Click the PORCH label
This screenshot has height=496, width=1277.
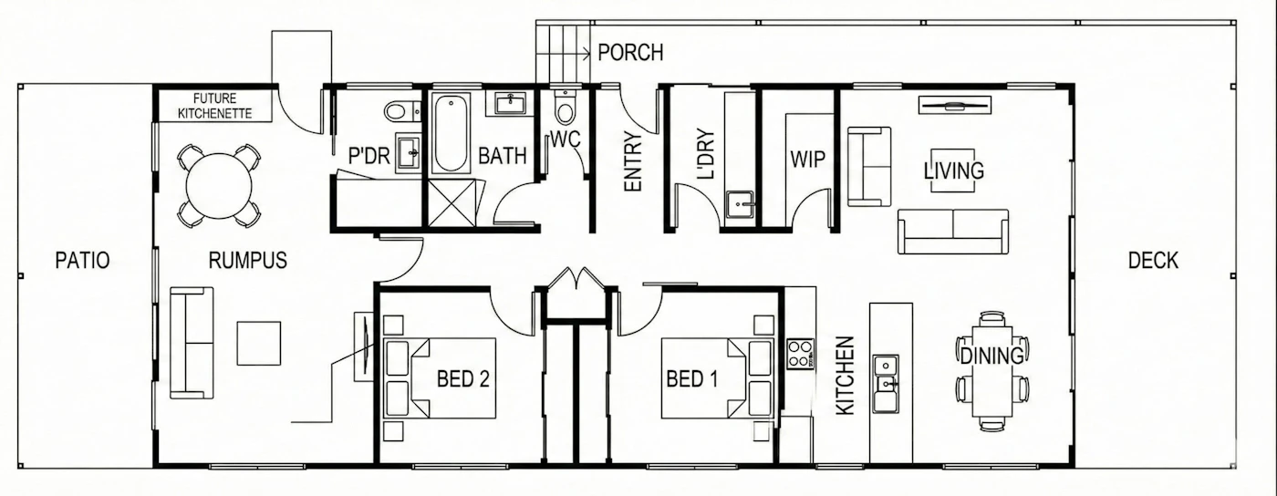630,53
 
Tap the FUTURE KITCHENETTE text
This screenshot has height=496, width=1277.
214,106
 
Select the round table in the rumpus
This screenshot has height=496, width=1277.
220,186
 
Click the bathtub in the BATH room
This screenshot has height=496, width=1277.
451,133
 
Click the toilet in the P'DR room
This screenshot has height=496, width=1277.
402,111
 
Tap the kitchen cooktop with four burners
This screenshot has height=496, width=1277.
801,354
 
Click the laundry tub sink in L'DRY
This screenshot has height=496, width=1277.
741,204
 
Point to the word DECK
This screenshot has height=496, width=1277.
1153,261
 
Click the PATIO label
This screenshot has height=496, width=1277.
82,261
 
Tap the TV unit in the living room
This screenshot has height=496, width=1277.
954,106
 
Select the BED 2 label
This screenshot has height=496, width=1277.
463,379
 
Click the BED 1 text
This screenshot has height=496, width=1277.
692,379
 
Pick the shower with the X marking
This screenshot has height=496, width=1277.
452,203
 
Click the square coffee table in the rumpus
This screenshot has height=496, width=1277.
259,343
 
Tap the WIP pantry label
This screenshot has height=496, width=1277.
808,160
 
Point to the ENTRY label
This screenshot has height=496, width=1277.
633,162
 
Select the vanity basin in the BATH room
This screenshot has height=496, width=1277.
510,104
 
